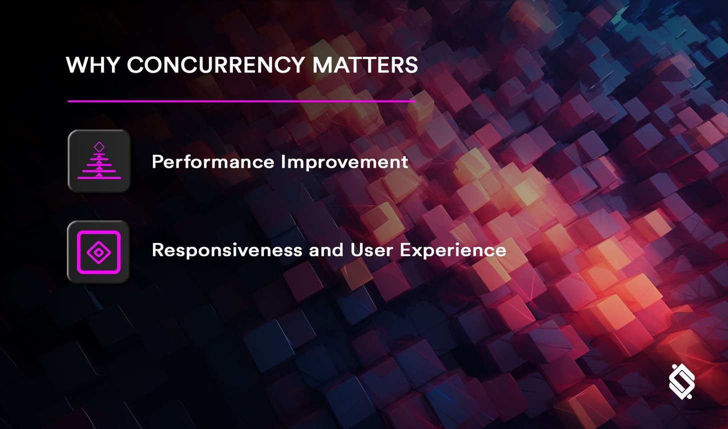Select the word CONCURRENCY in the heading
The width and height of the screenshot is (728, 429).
point(215,65)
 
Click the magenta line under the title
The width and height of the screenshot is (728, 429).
point(241,101)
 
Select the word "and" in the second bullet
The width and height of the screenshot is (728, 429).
point(326,249)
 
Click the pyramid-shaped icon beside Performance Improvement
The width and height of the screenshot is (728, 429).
point(99,161)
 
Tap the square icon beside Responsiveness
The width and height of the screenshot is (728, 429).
point(98,252)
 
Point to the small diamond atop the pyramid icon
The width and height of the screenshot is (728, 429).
point(99,146)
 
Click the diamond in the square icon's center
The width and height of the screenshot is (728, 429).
point(98,252)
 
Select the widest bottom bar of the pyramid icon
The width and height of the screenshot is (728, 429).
point(99,177)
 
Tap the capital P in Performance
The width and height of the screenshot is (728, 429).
point(156,162)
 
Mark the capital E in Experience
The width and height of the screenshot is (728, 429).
point(404,249)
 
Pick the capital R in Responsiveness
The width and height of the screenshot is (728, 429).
point(157,249)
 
